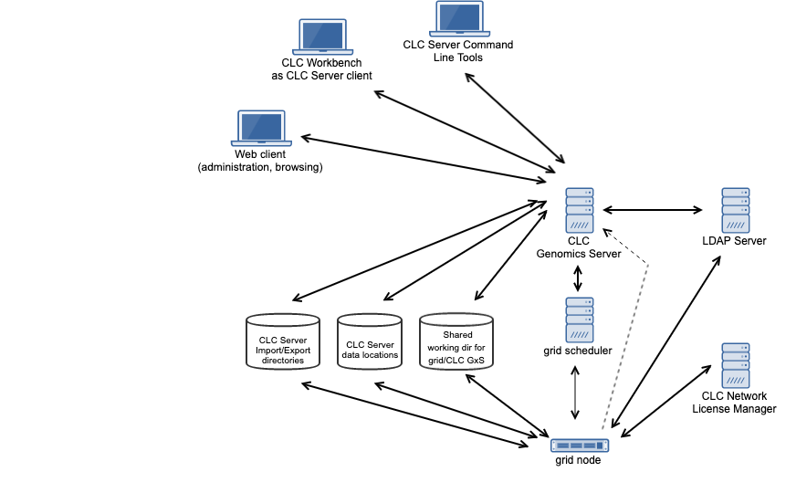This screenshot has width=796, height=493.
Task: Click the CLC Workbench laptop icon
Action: point(322,37)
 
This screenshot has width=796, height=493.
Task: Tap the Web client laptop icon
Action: point(261,129)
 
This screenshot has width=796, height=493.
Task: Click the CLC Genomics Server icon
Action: point(579,210)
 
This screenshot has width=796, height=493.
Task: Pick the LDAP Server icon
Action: point(735,210)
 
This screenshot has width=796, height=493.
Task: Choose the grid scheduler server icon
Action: point(579,320)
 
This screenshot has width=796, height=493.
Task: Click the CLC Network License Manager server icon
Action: point(735,365)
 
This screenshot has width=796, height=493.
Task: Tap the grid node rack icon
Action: point(579,446)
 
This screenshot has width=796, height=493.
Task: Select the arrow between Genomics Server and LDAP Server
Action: point(652,209)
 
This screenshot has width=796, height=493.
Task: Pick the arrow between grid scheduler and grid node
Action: point(575,393)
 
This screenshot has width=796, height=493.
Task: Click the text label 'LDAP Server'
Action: point(734,241)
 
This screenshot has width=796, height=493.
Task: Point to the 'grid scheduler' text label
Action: point(578,351)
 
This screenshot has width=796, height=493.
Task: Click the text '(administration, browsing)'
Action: point(260,168)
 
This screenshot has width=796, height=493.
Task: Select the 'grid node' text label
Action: point(578,460)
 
